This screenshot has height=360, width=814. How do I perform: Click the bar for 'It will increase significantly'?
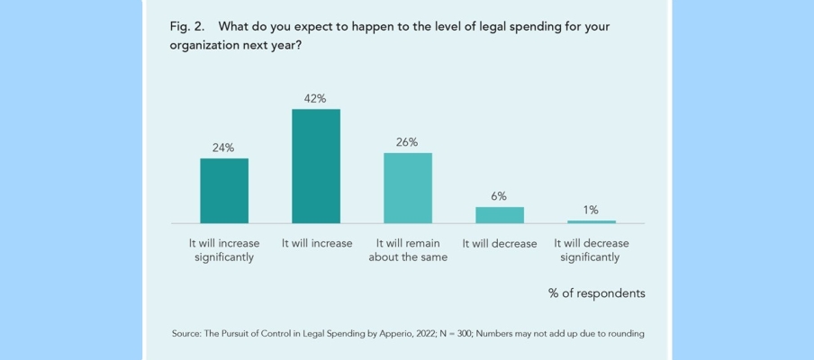point(224,191)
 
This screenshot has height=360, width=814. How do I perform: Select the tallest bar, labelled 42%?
point(316,166)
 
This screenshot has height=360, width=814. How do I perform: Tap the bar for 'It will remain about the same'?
point(408,188)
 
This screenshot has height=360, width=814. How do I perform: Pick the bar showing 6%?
point(500,215)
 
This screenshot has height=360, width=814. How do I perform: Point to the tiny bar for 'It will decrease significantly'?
point(592,221)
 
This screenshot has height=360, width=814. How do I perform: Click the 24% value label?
point(223,148)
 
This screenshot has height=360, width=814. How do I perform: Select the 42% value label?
point(315,98)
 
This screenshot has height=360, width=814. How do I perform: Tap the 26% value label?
point(407,142)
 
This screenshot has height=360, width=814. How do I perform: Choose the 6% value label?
point(500,196)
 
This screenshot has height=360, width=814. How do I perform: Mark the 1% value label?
point(591,210)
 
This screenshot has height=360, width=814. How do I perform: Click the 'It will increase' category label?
point(316,244)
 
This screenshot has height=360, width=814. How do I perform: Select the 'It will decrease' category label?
point(500,244)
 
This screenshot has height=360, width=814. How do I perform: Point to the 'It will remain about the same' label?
point(411,250)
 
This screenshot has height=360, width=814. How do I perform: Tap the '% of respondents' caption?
point(596,293)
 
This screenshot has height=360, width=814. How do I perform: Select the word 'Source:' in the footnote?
point(185,334)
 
